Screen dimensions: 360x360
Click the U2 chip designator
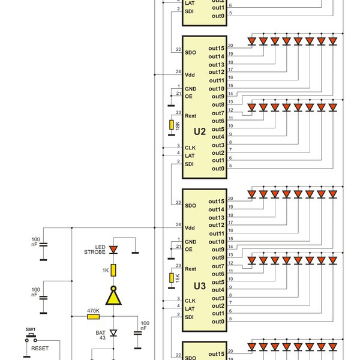200,131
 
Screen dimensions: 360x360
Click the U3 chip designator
200,286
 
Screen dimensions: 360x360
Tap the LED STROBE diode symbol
114,249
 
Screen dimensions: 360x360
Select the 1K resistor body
114,271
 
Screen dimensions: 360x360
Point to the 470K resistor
93,316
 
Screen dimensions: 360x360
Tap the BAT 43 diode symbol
114,333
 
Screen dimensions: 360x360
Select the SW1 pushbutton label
30,329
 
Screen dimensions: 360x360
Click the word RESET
40,347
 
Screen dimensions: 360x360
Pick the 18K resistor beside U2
171,125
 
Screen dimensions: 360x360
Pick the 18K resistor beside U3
171,278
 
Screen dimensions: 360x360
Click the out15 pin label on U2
217,48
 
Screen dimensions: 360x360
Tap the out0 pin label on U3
218,322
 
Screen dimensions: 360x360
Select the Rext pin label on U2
191,115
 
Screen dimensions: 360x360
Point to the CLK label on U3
190,301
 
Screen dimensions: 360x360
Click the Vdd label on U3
190,228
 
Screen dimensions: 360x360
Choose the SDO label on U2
191,52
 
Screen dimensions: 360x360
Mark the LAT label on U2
190,155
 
